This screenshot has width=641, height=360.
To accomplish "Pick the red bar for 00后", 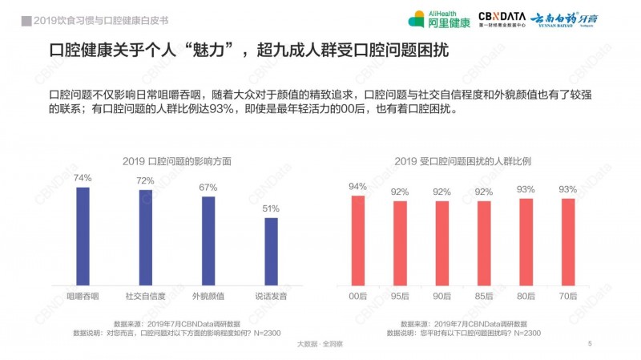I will pos(357,240).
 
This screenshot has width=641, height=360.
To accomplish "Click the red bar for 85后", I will pos(483,242).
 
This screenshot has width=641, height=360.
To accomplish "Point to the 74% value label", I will pos(83,178).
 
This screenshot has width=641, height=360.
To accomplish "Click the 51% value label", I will pos(272,208).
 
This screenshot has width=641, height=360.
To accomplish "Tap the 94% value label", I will pos(357,187).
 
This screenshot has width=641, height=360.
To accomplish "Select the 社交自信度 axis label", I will pos(145,297).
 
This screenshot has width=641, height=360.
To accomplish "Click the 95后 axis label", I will pos(399,297).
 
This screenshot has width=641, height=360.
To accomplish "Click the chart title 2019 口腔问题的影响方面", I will pos(177,160).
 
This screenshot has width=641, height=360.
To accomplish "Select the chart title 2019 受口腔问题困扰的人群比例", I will pos(462,160).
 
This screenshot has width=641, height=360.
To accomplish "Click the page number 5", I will pos(590,344).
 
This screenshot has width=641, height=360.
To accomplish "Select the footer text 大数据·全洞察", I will pos(320,344).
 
